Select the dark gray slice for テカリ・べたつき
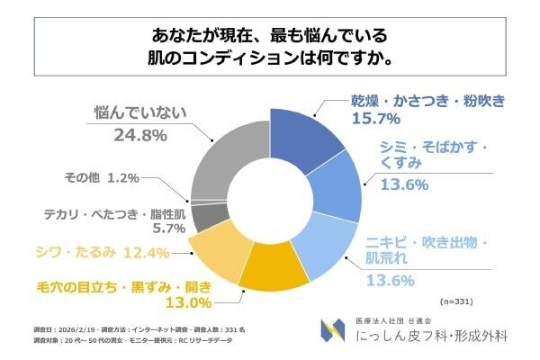tap(205, 216)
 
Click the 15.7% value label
tap(376, 118)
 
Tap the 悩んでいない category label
tap(139, 113)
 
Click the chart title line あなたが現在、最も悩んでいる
tap(270, 38)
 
